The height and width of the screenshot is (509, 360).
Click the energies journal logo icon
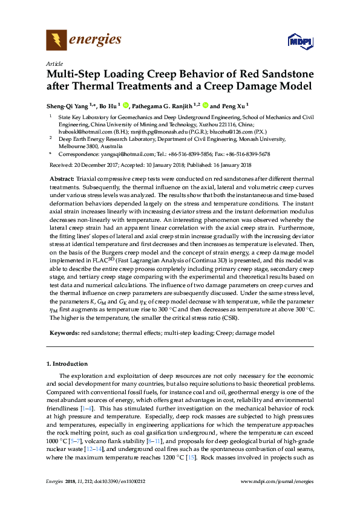[x=57, y=41]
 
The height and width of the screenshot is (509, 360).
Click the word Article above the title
[x=53, y=63]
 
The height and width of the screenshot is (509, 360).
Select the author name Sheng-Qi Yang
[x=68, y=103]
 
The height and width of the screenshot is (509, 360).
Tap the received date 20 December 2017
[x=94, y=165]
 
